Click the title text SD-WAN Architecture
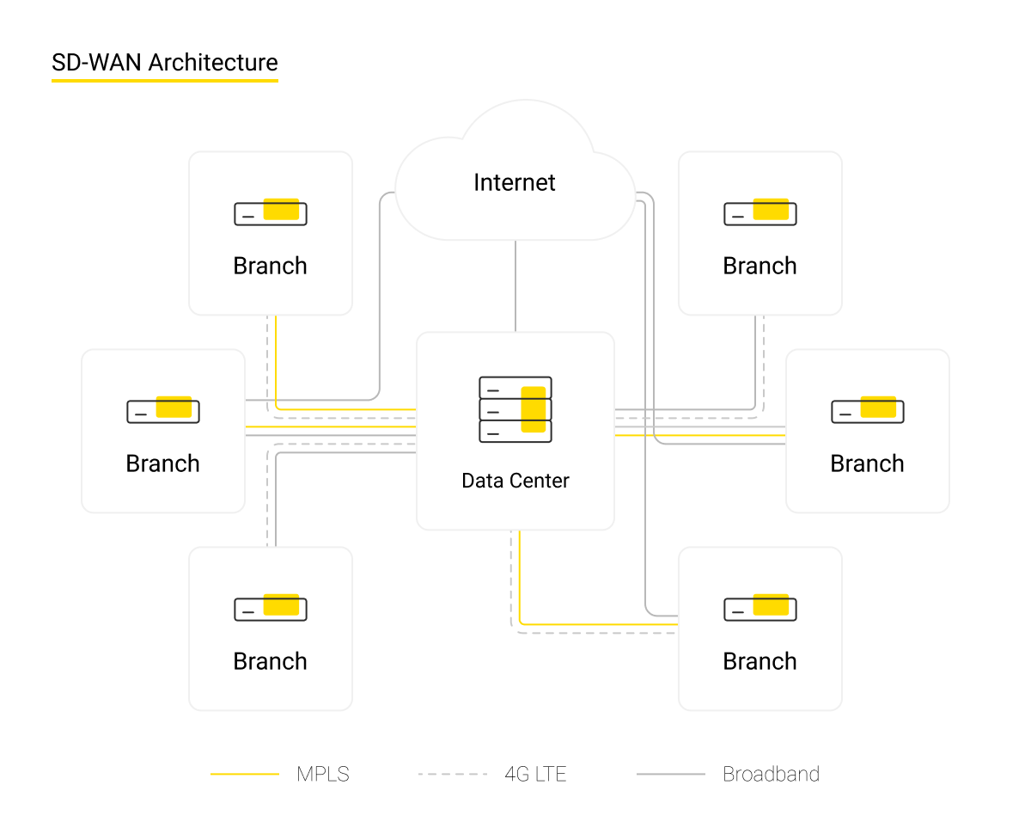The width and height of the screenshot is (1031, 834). [165, 63]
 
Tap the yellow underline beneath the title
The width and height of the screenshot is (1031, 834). [165, 81]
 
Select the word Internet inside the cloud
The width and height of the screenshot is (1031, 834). [515, 182]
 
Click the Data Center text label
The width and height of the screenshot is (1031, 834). [515, 481]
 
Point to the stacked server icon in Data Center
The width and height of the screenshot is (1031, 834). [515, 409]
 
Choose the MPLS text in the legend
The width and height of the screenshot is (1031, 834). [323, 774]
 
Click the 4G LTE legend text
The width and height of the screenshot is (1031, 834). [535, 774]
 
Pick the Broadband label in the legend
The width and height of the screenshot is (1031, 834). [771, 774]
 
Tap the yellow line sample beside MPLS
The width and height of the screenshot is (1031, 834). [245, 775]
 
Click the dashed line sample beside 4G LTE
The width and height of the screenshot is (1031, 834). [453, 775]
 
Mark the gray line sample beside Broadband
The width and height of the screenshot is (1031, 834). [671, 775]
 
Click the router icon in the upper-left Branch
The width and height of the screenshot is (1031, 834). [271, 212]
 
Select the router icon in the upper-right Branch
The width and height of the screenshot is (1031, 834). [760, 212]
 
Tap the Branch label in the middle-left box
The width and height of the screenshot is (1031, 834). [162, 463]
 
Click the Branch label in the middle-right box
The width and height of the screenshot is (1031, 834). [867, 463]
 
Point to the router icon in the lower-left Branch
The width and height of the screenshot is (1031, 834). [271, 607]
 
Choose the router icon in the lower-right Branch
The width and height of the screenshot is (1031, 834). [760, 607]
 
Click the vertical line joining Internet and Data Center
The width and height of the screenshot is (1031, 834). [515, 286]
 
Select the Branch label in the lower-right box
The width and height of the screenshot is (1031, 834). [760, 661]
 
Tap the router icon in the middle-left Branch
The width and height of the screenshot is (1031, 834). [163, 409]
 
